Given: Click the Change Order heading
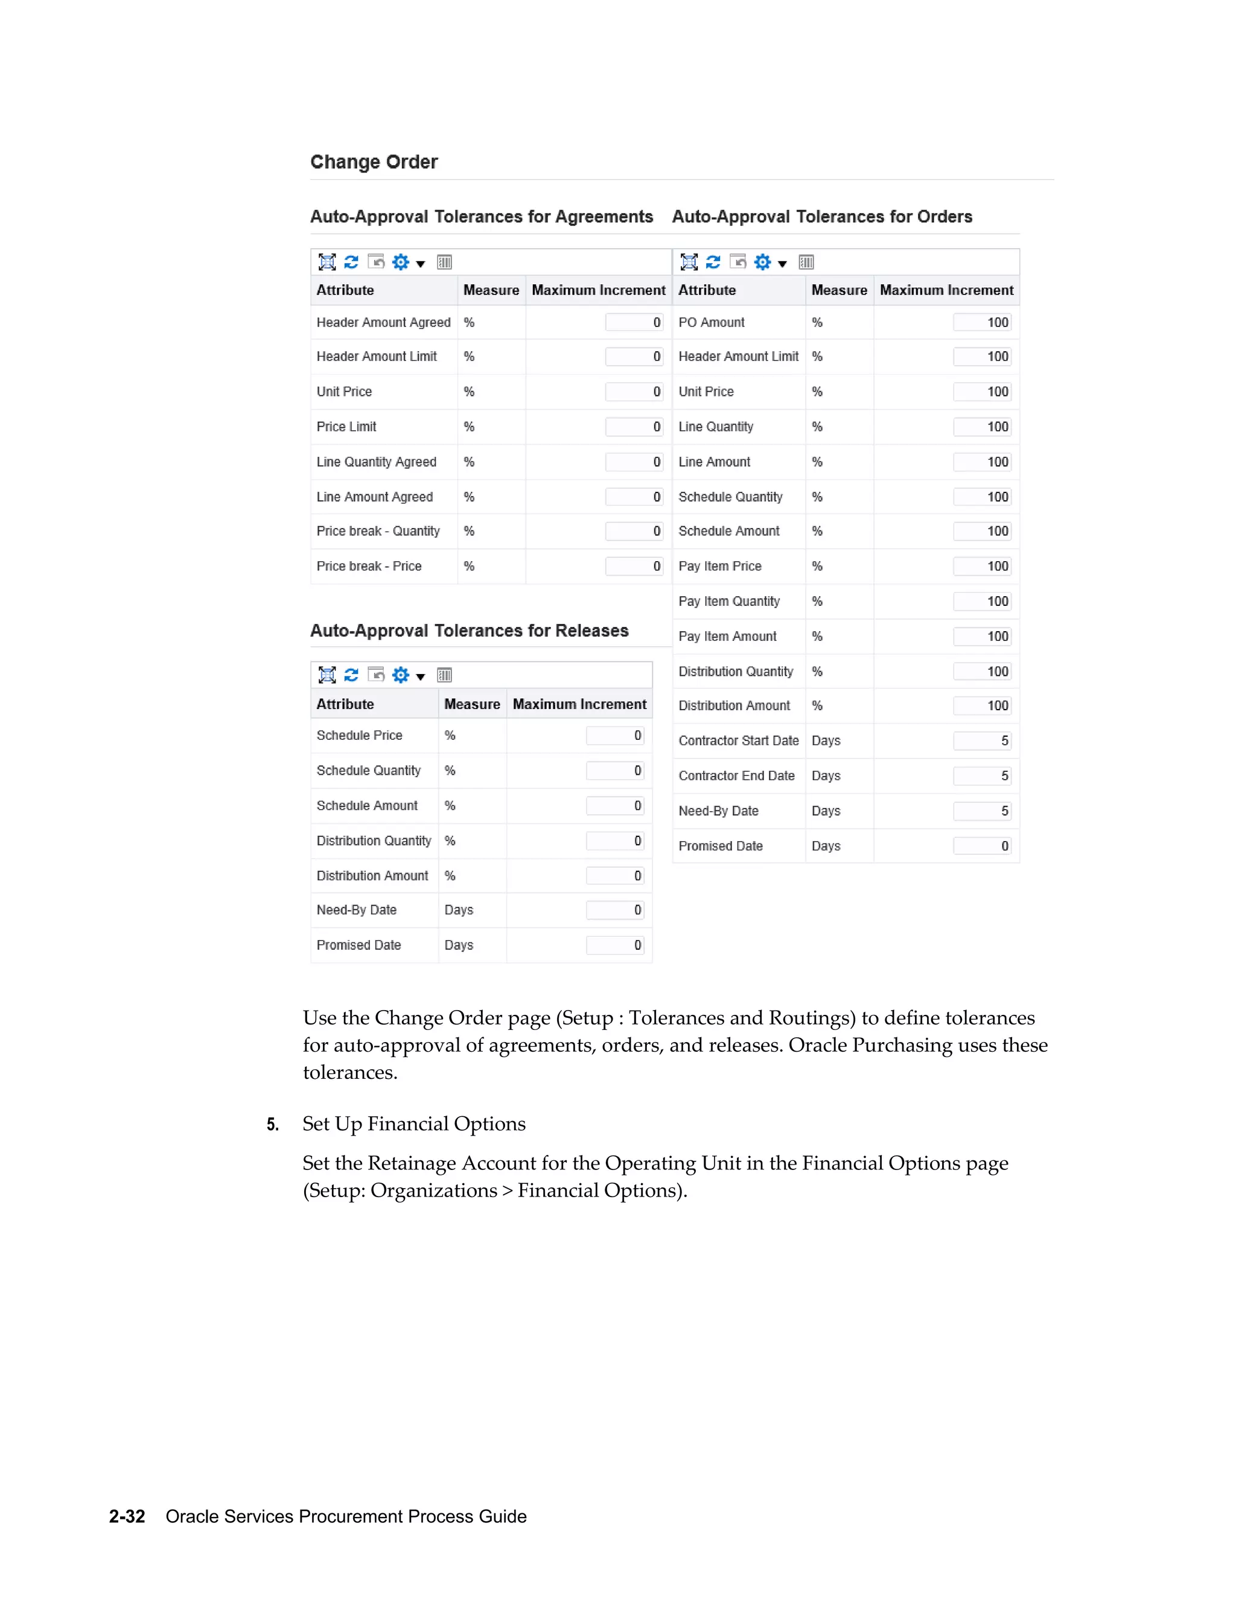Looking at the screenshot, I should [x=374, y=162].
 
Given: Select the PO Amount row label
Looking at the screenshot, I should [x=711, y=322].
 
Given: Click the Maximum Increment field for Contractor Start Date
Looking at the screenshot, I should [x=982, y=741].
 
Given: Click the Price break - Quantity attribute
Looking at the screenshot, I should [x=378, y=532].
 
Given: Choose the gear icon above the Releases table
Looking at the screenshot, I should [x=401, y=675].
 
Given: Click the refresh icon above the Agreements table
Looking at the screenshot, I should [x=351, y=262].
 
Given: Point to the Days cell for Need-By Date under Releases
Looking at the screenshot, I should [x=459, y=910].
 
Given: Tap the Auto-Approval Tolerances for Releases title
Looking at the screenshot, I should [x=470, y=631].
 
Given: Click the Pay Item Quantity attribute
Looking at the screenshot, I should [x=728, y=602].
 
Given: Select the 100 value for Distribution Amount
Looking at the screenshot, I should [x=982, y=706].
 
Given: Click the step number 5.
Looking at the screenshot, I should [x=272, y=1125].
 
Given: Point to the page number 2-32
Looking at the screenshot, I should [x=127, y=1516].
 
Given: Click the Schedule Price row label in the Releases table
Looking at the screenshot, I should [x=359, y=736].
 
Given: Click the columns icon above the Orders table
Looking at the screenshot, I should [x=806, y=262].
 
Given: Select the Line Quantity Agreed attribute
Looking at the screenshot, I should [x=377, y=462].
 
